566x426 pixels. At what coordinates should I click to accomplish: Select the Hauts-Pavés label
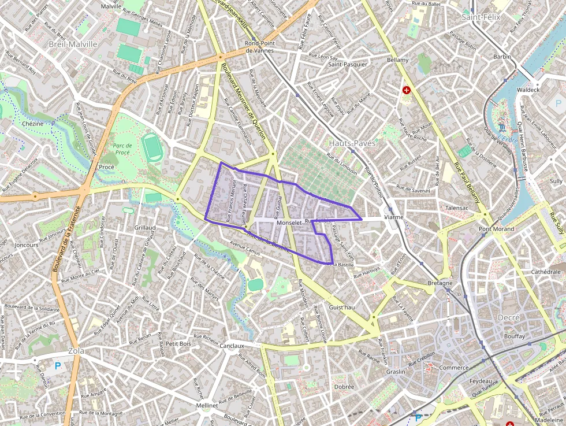[352, 143]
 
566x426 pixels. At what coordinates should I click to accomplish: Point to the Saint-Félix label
[481, 17]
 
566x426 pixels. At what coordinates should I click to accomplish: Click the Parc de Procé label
[122, 149]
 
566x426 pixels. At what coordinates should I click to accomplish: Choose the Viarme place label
[393, 217]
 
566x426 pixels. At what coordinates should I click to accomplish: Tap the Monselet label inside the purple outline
[289, 223]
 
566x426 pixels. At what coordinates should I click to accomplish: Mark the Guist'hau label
[341, 308]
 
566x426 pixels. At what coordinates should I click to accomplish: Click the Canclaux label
[232, 346]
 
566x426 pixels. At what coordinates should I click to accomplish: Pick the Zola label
[76, 351]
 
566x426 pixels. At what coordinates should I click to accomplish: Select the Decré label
[508, 317]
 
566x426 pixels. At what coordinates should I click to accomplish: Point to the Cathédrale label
[546, 272]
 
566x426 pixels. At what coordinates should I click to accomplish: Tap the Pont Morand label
[496, 229]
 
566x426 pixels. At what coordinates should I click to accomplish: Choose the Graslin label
[396, 372]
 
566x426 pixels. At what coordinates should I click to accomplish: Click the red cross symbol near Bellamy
[407, 90]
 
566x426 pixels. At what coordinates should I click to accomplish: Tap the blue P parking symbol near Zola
[57, 365]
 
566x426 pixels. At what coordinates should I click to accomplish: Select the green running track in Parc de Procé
[153, 148]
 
